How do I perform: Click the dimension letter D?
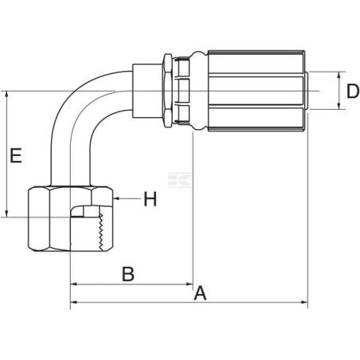[x=353, y=91]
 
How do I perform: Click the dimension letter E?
[x=16, y=155]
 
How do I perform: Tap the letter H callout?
[x=150, y=199]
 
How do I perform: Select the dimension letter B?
[x=128, y=274]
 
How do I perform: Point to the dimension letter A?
[x=200, y=293]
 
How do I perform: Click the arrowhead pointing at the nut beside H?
[x=115, y=198]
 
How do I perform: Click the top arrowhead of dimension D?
[x=339, y=75]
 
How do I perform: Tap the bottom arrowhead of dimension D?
[x=339, y=106]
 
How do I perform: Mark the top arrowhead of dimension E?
[x=6, y=95]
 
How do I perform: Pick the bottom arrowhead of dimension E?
[x=6, y=214]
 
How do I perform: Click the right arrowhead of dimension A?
[x=304, y=302]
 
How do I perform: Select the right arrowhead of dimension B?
[x=190, y=284]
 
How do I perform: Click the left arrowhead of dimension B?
[x=73, y=284]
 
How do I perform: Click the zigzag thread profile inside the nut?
[x=100, y=232]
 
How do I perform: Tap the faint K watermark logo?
[x=180, y=180]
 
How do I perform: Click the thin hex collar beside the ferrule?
[x=168, y=91]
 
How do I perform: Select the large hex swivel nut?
[x=70, y=218]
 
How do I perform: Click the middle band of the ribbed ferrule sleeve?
[x=256, y=91]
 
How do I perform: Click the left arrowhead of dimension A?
[x=73, y=302]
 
